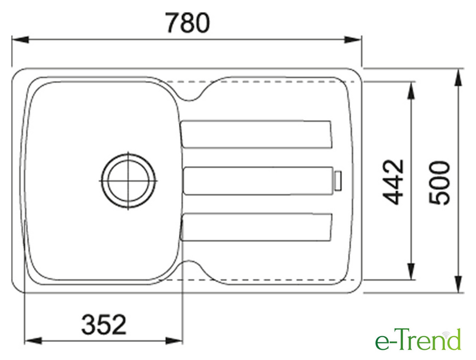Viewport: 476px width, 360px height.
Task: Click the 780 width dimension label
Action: (188, 23)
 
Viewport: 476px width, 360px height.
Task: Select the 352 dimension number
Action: (104, 324)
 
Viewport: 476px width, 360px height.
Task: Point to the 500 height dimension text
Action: (439, 183)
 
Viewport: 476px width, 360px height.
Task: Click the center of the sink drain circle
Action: (129, 180)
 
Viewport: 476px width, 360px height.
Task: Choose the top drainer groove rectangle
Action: (256, 134)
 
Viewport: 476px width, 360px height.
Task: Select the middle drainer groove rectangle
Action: (258, 181)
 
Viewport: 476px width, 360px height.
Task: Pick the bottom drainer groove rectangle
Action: (256, 227)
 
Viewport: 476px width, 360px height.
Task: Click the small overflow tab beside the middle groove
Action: (338, 181)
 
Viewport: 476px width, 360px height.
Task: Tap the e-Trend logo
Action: (418, 340)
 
